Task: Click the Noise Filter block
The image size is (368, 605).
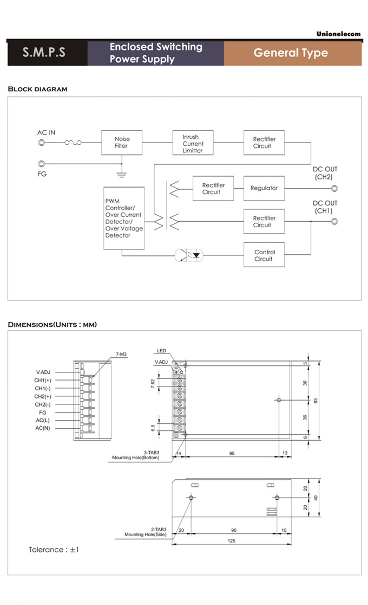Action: (x=122, y=143)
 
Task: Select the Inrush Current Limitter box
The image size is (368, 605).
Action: (x=193, y=144)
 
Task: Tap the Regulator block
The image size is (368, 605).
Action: (x=264, y=188)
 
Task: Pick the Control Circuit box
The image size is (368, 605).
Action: (x=264, y=255)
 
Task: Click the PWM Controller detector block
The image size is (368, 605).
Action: (x=124, y=218)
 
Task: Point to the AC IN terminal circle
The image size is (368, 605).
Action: (x=41, y=143)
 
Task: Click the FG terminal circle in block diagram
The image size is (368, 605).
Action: (x=41, y=164)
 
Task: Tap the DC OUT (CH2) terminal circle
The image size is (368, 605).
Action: (x=334, y=189)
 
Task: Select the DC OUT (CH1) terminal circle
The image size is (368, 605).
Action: (x=334, y=221)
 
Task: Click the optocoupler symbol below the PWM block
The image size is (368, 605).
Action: (x=189, y=255)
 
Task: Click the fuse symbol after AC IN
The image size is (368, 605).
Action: (x=73, y=143)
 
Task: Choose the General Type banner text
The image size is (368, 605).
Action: (x=291, y=53)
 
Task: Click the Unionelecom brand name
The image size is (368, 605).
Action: (x=338, y=34)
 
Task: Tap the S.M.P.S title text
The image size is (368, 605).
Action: (x=44, y=53)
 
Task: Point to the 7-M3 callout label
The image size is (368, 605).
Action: (x=121, y=354)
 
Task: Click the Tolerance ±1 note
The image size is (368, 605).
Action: (x=54, y=550)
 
